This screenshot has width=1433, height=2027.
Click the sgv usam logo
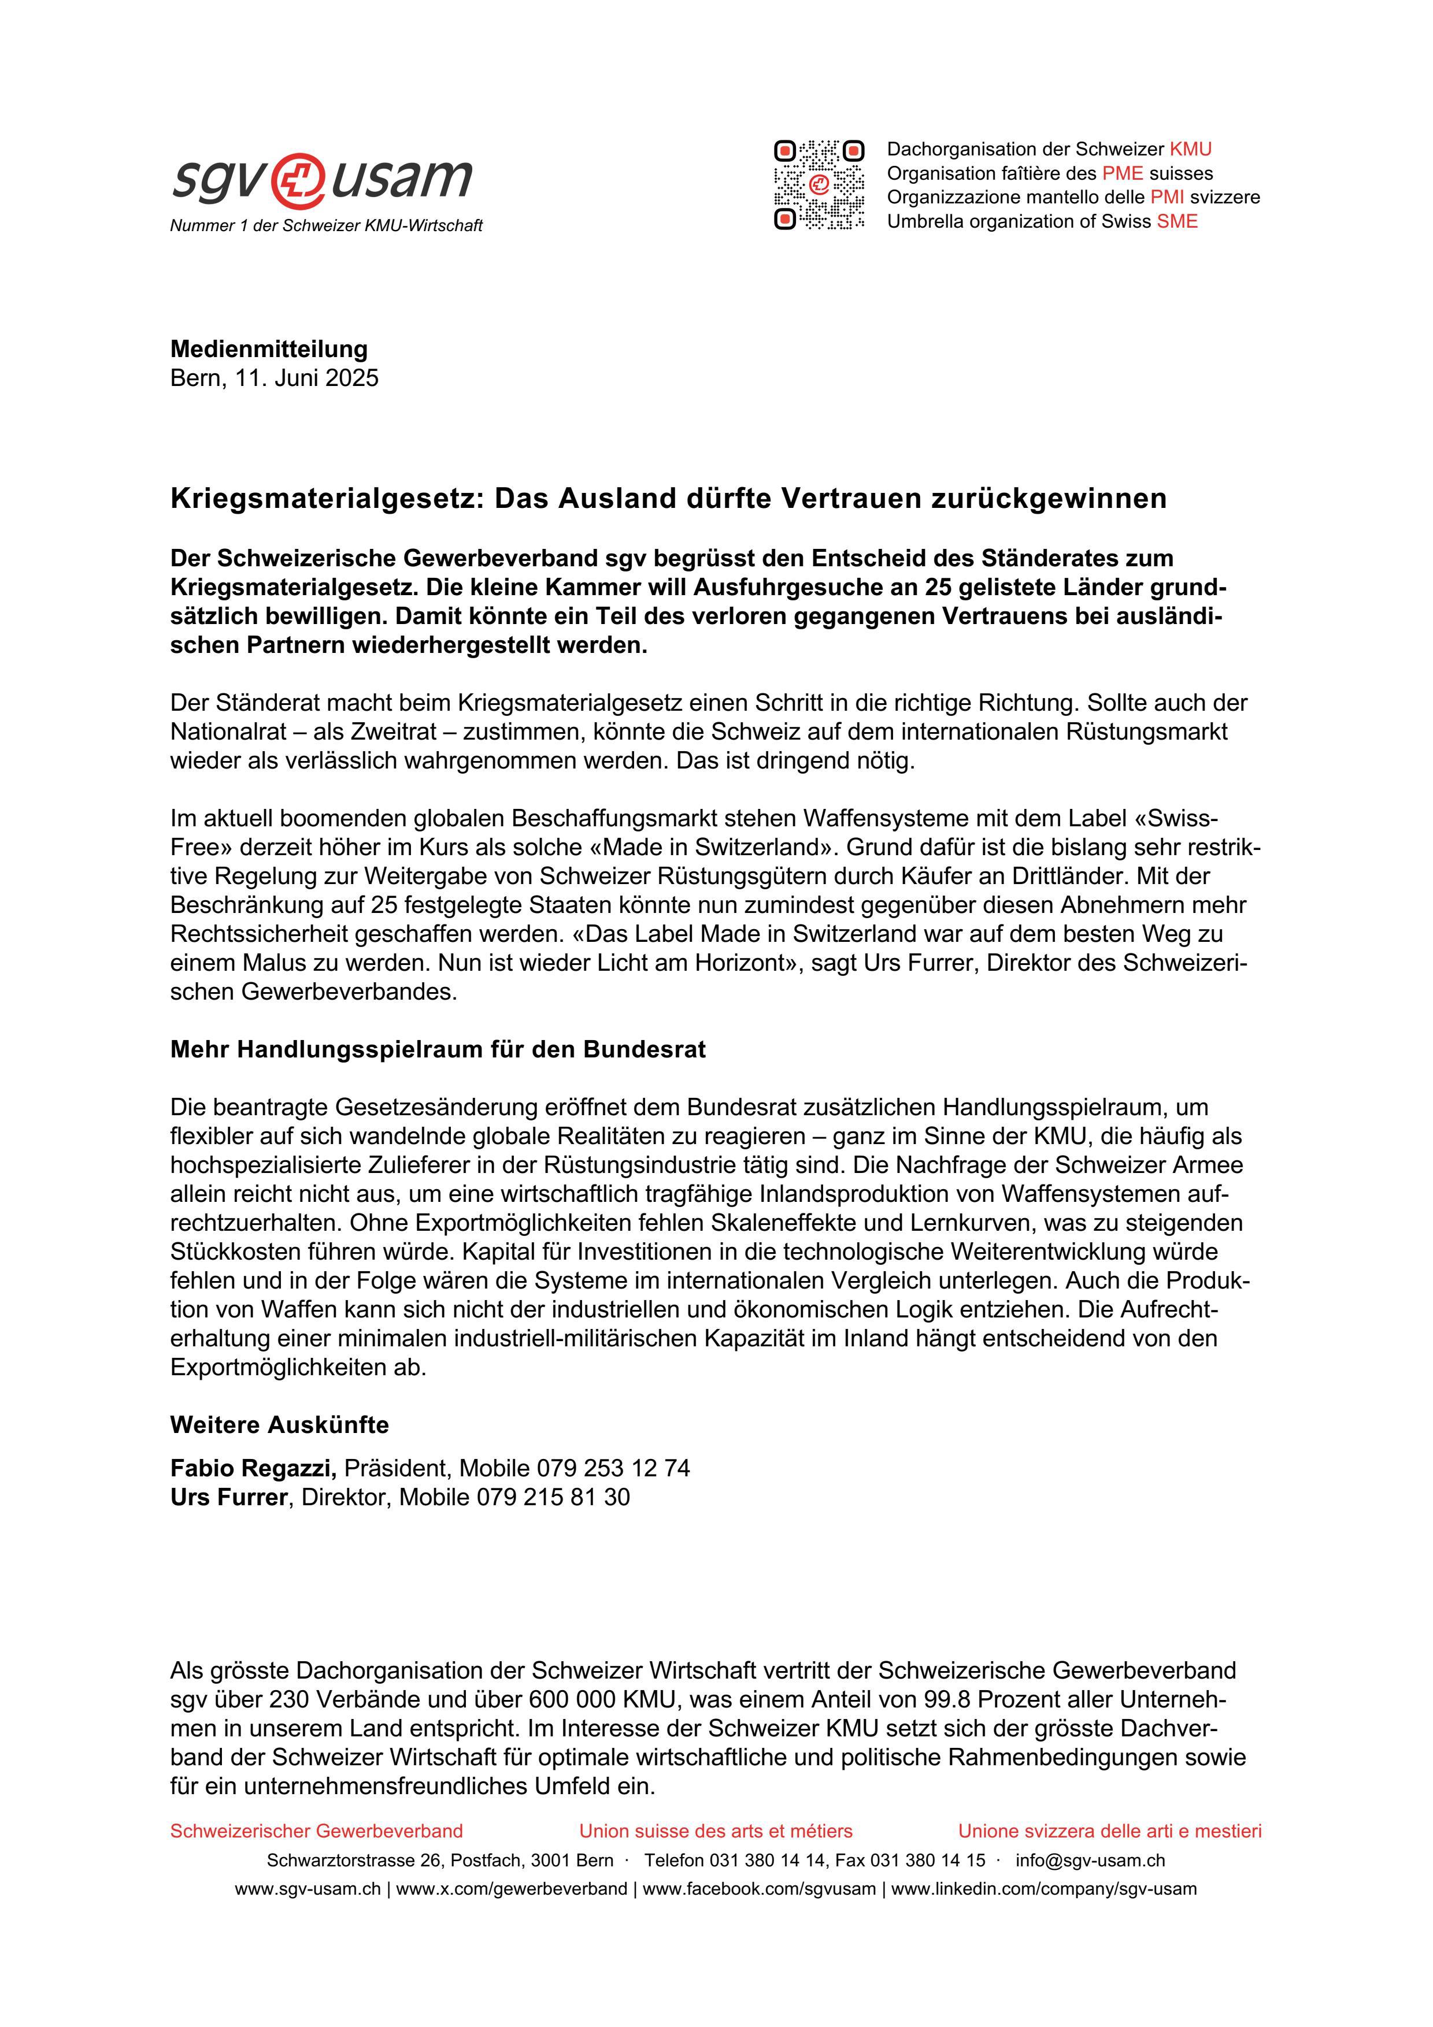click(x=323, y=179)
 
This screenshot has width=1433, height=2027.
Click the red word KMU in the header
click(x=1190, y=149)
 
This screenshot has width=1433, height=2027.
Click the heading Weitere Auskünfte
click(x=279, y=1425)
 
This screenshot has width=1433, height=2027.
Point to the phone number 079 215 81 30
click(x=553, y=1497)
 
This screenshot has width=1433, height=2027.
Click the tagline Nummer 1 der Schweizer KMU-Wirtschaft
click(x=326, y=226)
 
